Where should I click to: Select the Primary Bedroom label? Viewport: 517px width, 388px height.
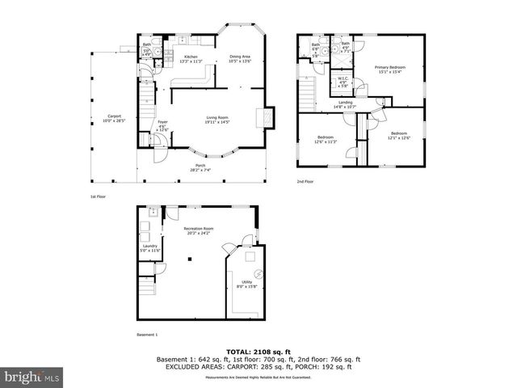click(x=389, y=69)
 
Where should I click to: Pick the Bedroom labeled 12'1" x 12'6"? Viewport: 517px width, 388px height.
click(x=399, y=135)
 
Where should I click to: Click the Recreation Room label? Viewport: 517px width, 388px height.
click(x=198, y=230)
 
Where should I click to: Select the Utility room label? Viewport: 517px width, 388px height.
click(x=243, y=281)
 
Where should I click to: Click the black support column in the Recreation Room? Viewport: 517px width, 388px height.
click(x=189, y=259)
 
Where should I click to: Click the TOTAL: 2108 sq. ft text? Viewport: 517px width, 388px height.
click(x=258, y=352)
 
